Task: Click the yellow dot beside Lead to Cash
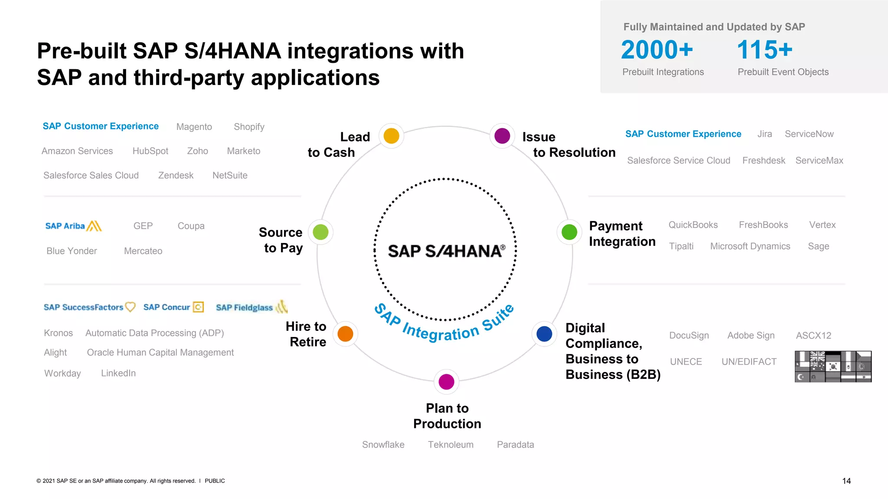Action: pos(391,136)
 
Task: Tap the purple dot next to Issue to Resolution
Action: pos(502,136)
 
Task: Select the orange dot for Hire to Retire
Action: pos(345,334)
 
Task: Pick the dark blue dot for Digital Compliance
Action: pos(544,334)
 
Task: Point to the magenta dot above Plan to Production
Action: pos(446,382)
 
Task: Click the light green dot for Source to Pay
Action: pos(320,232)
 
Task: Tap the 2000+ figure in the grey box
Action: pos(657,50)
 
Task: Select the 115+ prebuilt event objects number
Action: pos(764,50)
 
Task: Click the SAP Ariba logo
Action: pos(73,226)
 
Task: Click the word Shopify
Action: pos(249,127)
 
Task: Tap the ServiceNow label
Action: pos(809,134)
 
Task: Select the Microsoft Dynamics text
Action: pos(750,246)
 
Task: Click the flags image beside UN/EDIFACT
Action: pos(832,366)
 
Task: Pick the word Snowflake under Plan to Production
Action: pos(383,445)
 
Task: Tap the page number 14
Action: pos(846,481)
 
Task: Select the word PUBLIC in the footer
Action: pos(215,481)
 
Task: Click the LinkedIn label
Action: pos(118,373)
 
